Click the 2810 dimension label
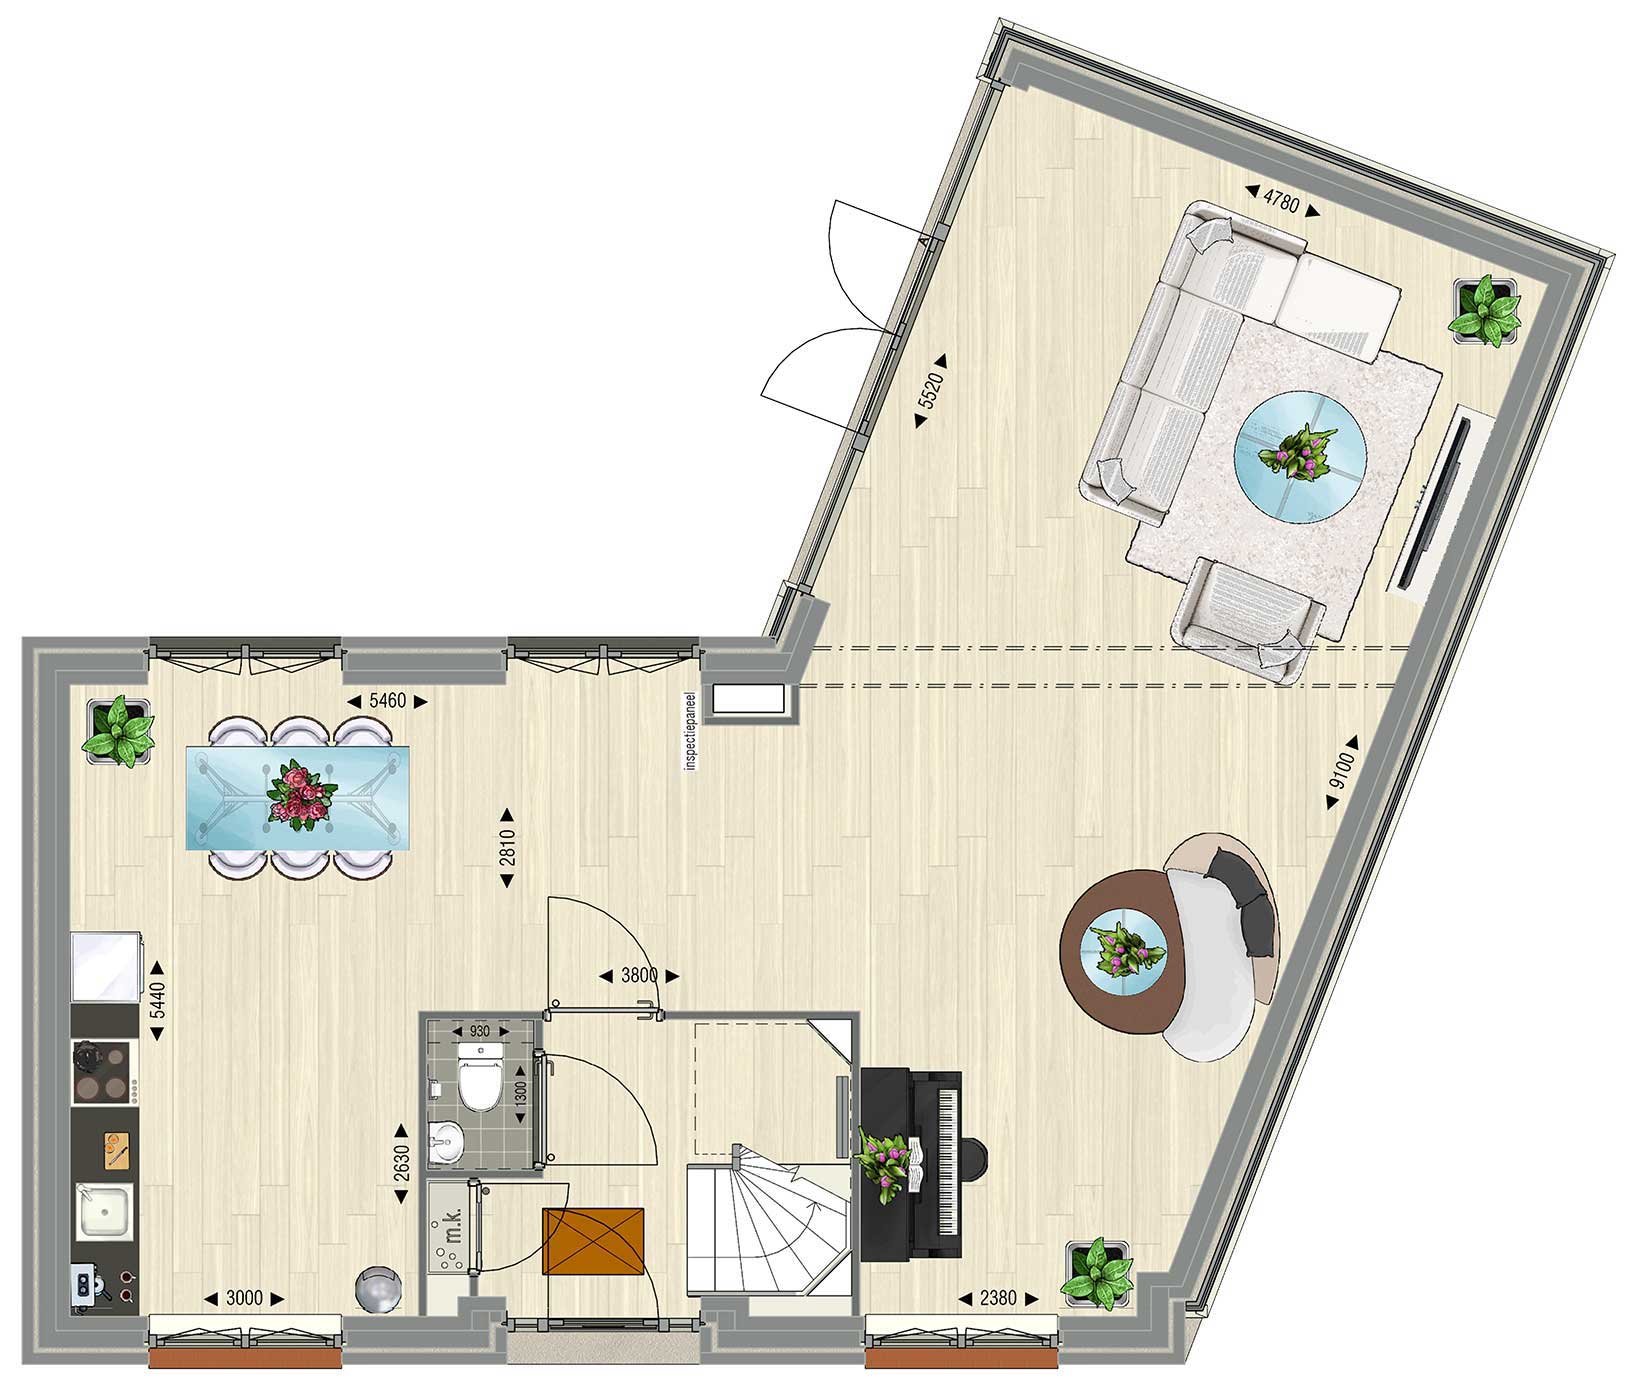(507, 848)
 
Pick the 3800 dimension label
(639, 975)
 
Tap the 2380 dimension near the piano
(997, 1299)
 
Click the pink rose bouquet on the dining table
(298, 795)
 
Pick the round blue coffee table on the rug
(1299, 455)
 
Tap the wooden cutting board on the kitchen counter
(116, 1149)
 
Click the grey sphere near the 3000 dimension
(381, 1291)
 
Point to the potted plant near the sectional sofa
(1486, 311)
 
